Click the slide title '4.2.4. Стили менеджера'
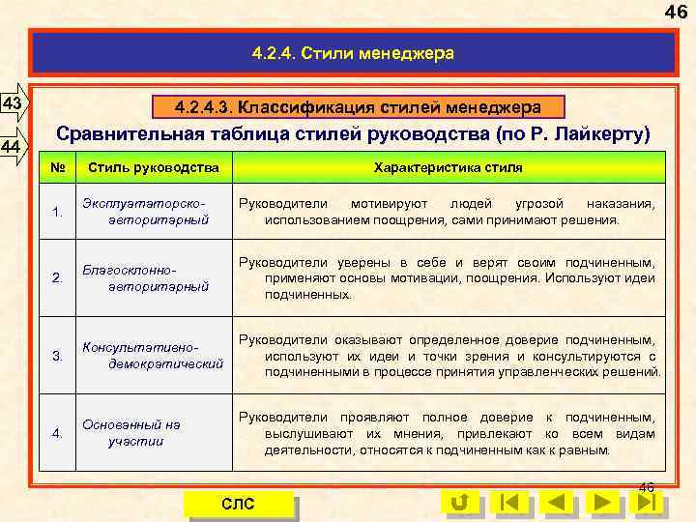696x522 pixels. click(354, 53)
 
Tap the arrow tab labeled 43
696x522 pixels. click(14, 103)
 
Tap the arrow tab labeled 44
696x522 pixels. click(14, 147)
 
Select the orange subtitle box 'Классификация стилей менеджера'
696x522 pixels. click(358, 105)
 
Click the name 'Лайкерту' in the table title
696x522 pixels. click(605, 132)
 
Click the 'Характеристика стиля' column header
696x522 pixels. click(449, 168)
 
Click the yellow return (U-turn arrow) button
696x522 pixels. click(460, 503)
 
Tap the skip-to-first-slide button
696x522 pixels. click(508, 503)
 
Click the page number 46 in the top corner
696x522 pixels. click(676, 13)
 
